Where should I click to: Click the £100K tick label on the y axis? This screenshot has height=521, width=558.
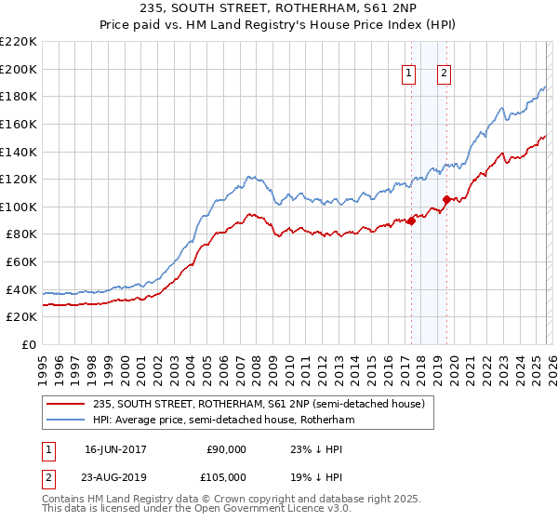(19, 207)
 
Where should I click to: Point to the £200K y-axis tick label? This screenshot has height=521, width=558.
(19, 69)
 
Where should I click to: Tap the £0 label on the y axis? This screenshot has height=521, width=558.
(28, 344)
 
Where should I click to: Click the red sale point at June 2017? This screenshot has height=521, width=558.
(411, 220)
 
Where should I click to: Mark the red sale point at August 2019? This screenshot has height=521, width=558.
(446, 199)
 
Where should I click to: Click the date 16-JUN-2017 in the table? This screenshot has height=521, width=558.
(115, 448)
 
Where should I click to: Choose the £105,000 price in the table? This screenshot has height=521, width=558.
(226, 476)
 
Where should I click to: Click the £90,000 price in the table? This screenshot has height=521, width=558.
(226, 448)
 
